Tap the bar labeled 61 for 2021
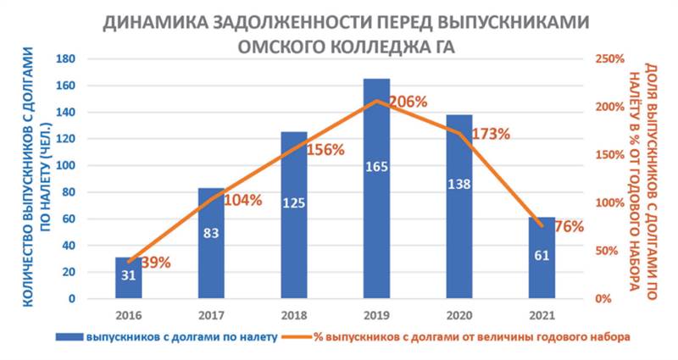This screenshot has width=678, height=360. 541,258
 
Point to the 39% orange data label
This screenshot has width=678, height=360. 156,262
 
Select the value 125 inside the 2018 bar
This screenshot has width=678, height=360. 294,203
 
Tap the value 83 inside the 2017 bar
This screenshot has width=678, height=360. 211,232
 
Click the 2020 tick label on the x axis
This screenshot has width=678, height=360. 458,315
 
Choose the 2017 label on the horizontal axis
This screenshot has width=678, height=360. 211,315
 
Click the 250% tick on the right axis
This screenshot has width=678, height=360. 607,59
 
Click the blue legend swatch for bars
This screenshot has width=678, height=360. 67,337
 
